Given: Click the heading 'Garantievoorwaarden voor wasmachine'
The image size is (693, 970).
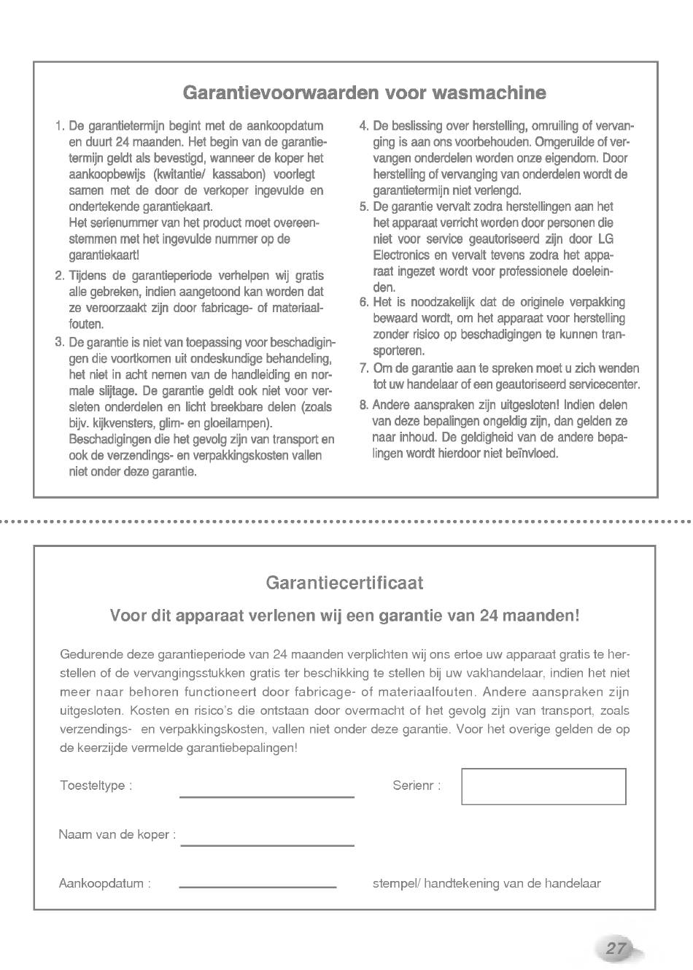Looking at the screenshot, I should click(x=364, y=93).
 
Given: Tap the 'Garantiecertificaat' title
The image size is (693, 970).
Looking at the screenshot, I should click(x=344, y=583).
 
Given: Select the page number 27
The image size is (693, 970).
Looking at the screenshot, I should click(x=616, y=948).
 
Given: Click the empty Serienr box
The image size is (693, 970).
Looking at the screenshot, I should click(x=543, y=786).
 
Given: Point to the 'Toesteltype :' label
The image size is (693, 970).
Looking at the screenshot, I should click(x=96, y=785).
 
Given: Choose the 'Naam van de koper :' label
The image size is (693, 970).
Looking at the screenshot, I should click(x=117, y=834).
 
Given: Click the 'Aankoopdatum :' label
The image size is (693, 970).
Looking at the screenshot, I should click(x=104, y=883).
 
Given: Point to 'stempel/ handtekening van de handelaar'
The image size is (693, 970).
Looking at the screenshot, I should click(x=487, y=883).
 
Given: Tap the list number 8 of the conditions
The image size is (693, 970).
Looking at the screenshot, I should click(x=363, y=406).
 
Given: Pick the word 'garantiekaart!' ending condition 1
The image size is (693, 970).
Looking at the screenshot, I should click(x=104, y=255).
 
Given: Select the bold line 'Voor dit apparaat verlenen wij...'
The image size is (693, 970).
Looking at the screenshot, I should click(x=344, y=615).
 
